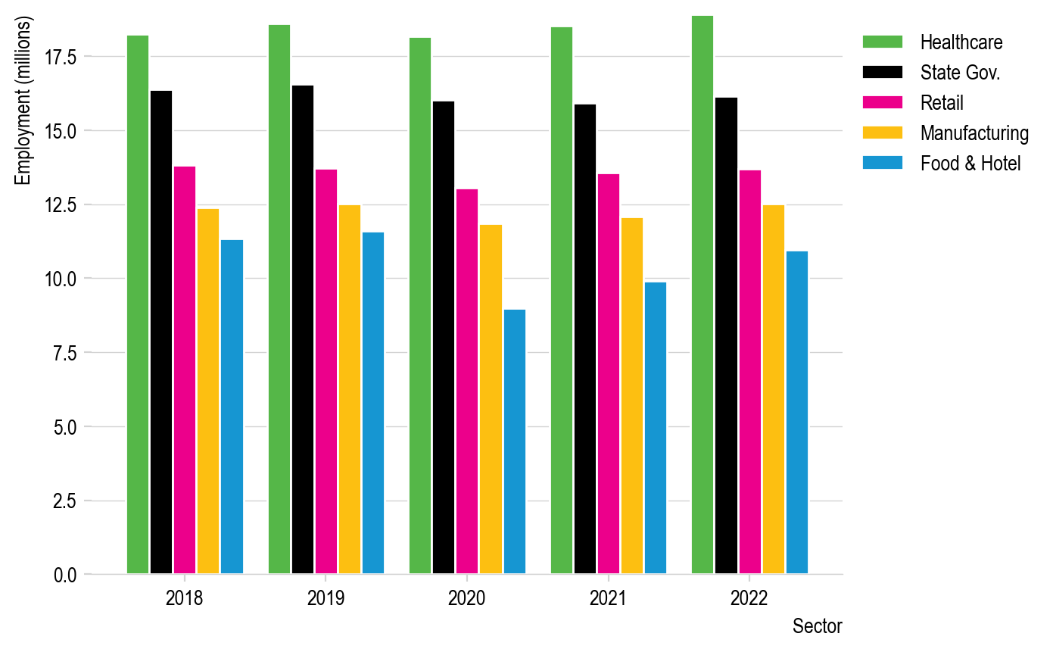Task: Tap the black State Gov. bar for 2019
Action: point(303,329)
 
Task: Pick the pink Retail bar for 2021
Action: point(609,374)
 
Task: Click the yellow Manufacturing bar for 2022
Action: point(774,389)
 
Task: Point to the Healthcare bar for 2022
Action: point(703,295)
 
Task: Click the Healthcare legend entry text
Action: point(961,42)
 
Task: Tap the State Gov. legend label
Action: point(960,73)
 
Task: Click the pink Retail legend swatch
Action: point(883,102)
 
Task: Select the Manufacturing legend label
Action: point(974,133)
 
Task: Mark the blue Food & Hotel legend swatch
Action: point(883,163)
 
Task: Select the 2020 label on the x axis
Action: point(467,599)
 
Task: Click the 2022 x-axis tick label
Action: point(749,599)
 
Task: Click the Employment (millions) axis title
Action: point(23,101)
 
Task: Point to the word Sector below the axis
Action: point(817,627)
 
